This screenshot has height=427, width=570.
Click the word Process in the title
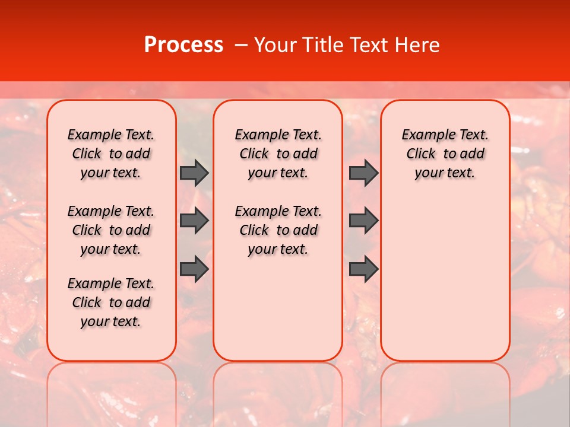pyautogui.click(x=183, y=45)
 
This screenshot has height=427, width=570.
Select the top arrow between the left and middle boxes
pyautogui.click(x=194, y=173)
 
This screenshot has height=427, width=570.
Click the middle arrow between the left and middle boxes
pyautogui.click(x=194, y=221)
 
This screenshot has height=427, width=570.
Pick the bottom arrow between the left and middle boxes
pyautogui.click(x=194, y=269)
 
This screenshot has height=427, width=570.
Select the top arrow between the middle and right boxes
pyautogui.click(x=363, y=173)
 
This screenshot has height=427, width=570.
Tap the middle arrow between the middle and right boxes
pyautogui.click(x=363, y=221)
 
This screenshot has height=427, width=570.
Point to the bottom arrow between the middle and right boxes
pyautogui.click(x=363, y=269)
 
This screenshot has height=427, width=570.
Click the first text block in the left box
pyautogui.click(x=111, y=154)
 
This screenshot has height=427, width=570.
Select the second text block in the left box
pyautogui.click(x=111, y=230)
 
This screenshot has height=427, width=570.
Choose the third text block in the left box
pyautogui.click(x=111, y=302)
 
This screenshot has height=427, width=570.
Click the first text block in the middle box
pyautogui.click(x=278, y=154)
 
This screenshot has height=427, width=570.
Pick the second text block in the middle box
pyautogui.click(x=278, y=230)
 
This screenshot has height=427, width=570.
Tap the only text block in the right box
pyautogui.click(x=445, y=154)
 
